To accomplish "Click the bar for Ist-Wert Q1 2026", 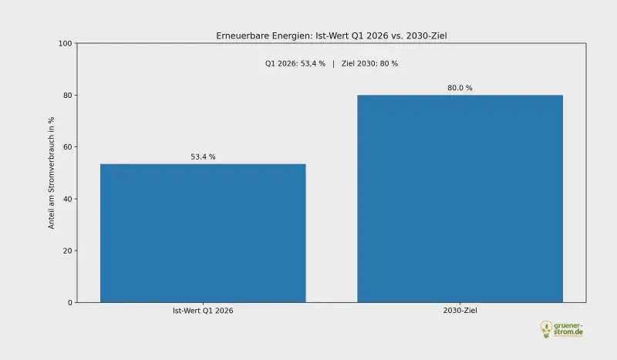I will pos(203,233).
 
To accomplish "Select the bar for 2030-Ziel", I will pos(460,198).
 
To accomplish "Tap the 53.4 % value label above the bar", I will pos(203,157).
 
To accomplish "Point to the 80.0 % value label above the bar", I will pos(460,88).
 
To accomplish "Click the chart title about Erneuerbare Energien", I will pos(331,36).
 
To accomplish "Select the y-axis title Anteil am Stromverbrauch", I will pos(52,173).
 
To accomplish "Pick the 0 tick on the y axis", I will pos(69,302).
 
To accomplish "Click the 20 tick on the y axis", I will pos(67,251).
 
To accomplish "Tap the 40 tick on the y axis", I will pos(67,199).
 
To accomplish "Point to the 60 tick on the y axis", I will pos(67,147).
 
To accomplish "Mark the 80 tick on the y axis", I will pos(67,96).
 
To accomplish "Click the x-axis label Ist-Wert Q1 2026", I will pos(203,311).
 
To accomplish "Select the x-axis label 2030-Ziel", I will pos(460,311).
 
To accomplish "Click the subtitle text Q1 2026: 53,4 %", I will pos(295,63).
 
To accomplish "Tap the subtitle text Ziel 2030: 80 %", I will pos(369,63).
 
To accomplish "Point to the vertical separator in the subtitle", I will pos(333,63).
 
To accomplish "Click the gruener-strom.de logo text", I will pos(569,328).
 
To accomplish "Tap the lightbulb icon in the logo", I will pos(546,329).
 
